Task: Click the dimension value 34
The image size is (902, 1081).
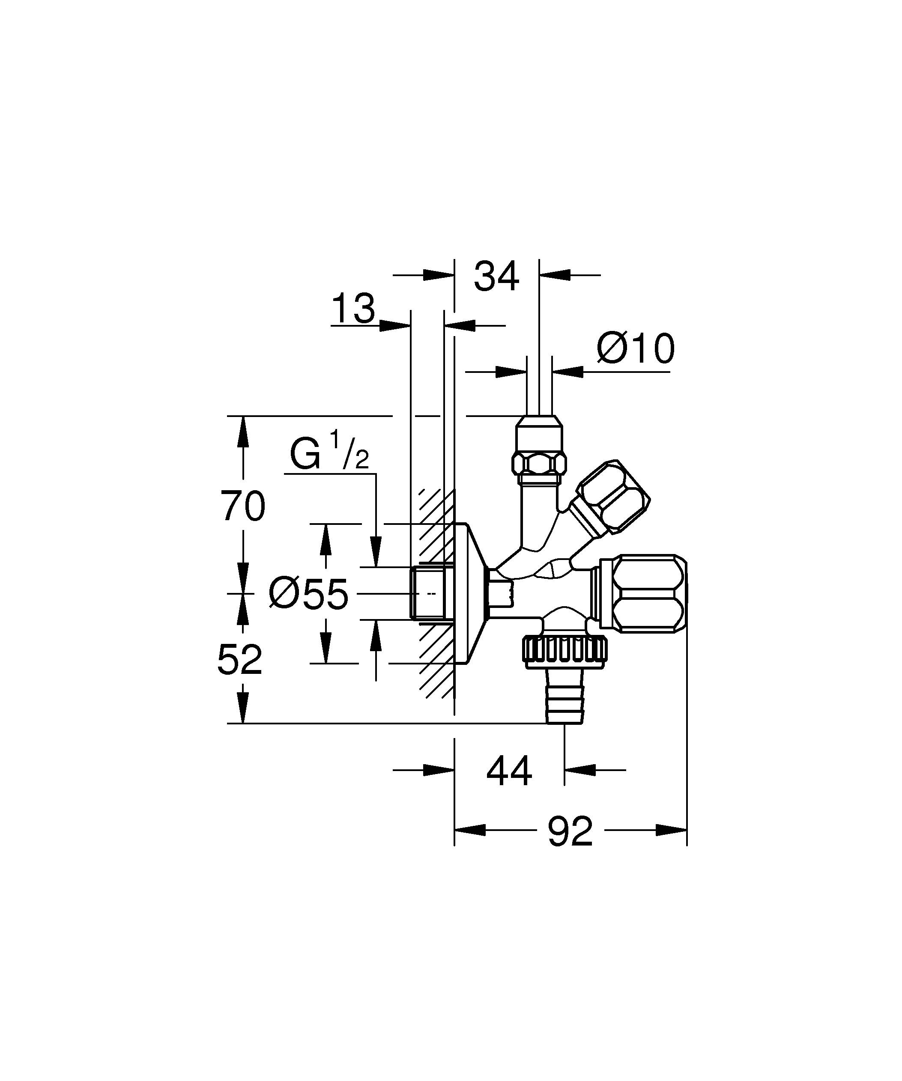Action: [496, 277]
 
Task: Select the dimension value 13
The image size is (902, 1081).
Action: [353, 309]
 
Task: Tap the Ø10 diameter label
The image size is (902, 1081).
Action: [635, 348]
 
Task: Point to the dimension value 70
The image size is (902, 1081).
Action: [243, 506]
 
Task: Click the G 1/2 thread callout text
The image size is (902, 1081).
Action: [329, 453]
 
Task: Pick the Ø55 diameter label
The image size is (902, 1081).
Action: [308, 594]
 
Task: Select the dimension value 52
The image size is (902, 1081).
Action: [239, 660]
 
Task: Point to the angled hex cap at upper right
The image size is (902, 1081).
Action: [612, 497]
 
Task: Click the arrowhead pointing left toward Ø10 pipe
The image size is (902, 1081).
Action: [567, 371]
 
